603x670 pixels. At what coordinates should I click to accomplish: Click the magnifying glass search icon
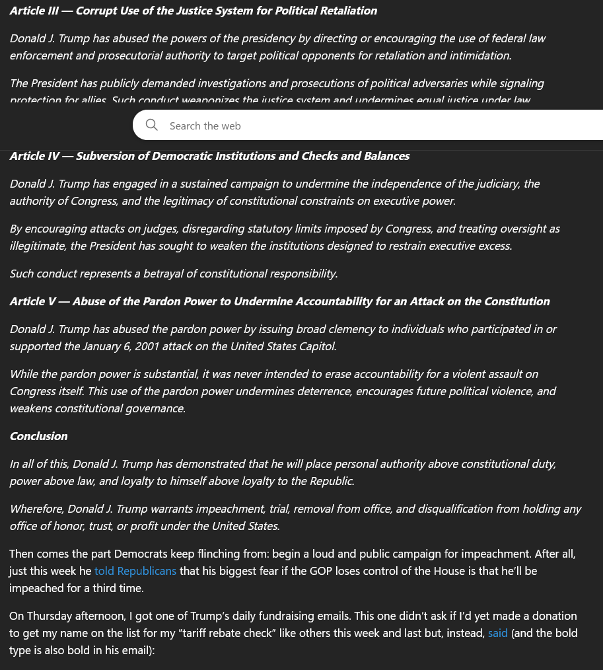152,125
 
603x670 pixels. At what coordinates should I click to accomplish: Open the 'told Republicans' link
135,571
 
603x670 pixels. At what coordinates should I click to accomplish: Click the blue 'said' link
498,633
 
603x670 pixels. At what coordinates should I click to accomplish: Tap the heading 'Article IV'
34,156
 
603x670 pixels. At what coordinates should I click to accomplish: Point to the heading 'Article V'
32,301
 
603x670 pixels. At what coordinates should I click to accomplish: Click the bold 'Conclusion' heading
38,436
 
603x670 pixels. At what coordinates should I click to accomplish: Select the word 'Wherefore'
37,509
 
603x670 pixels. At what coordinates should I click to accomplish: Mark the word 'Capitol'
316,346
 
